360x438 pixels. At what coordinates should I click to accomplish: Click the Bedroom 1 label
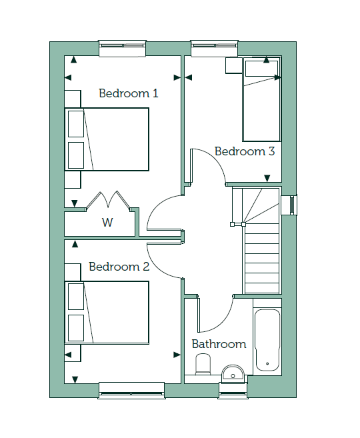click(x=129, y=93)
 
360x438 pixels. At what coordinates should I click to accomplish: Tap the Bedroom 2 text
click(x=119, y=267)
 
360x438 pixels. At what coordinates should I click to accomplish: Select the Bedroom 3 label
click(x=245, y=151)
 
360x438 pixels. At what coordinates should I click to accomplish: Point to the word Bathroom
click(x=219, y=344)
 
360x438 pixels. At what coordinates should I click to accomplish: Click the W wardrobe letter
click(x=107, y=223)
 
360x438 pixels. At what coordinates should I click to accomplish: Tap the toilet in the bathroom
click(x=203, y=364)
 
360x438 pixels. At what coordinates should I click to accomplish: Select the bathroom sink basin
click(x=233, y=373)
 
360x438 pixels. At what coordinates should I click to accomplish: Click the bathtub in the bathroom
click(x=267, y=340)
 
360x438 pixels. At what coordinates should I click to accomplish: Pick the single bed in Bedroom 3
click(x=262, y=99)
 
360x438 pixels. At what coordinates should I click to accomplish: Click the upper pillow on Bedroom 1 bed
click(x=76, y=124)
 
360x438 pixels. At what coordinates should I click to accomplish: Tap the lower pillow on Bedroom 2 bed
click(x=76, y=328)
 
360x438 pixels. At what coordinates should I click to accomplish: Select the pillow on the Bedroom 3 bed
click(x=261, y=69)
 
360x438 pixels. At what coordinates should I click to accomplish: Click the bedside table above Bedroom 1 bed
click(x=73, y=99)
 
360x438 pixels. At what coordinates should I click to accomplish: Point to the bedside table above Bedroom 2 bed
click(x=73, y=273)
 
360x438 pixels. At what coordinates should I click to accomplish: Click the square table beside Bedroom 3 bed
click(x=233, y=65)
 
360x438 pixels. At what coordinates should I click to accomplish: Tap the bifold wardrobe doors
click(x=108, y=200)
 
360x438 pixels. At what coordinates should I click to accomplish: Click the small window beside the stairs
click(x=289, y=205)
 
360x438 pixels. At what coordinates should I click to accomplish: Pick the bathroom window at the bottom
click(x=233, y=391)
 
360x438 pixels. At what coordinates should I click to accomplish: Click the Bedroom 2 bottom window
click(x=131, y=391)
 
